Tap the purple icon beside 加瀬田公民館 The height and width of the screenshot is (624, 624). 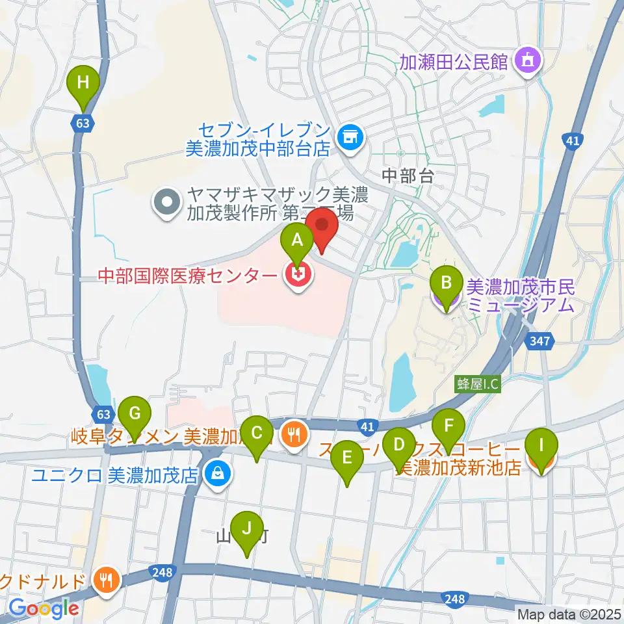(x=525, y=61)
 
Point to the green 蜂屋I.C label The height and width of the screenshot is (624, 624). (x=477, y=383)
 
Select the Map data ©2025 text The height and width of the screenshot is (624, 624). (x=568, y=613)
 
